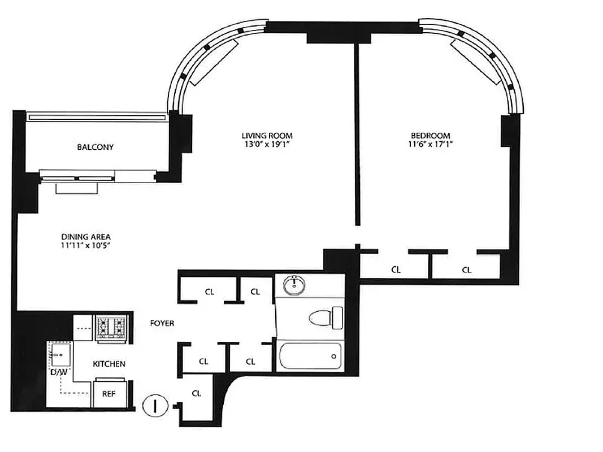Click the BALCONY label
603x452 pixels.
click(x=96, y=147)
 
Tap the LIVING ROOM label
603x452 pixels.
click(x=267, y=136)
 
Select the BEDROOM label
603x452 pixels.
click(x=430, y=136)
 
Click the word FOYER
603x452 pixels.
click(x=162, y=324)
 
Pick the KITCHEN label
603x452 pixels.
click(x=109, y=364)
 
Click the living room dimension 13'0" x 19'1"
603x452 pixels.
click(x=267, y=145)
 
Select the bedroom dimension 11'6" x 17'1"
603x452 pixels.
click(x=430, y=145)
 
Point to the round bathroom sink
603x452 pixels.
click(x=294, y=285)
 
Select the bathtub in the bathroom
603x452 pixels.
click(x=310, y=356)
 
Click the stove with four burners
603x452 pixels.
click(x=111, y=327)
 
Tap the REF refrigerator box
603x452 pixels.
click(x=109, y=393)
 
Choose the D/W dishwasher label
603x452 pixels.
click(x=59, y=372)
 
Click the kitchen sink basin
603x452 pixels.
click(x=60, y=354)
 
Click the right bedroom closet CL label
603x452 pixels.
click(x=467, y=270)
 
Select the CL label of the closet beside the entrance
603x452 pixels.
click(x=197, y=393)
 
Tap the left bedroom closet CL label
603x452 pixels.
click(x=396, y=270)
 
